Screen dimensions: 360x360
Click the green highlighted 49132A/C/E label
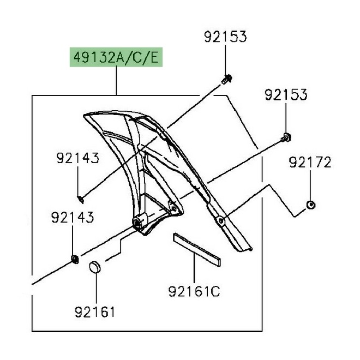pos(116,57)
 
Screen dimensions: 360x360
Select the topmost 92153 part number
pos(226,37)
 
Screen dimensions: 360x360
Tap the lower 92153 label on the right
pos(286,94)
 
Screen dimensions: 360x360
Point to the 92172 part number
pos(310,162)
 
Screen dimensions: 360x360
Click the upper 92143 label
pos(77,158)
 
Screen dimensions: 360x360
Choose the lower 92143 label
pos(73,218)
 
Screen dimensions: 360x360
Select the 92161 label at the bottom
pos(95,312)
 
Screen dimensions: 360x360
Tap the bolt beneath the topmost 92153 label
pos(225,80)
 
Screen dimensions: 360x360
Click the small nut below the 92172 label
pos(310,205)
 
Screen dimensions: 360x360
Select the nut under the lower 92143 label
pos(73,257)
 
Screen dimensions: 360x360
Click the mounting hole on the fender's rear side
pos(220,220)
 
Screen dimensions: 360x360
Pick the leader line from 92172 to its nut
pos(310,186)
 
